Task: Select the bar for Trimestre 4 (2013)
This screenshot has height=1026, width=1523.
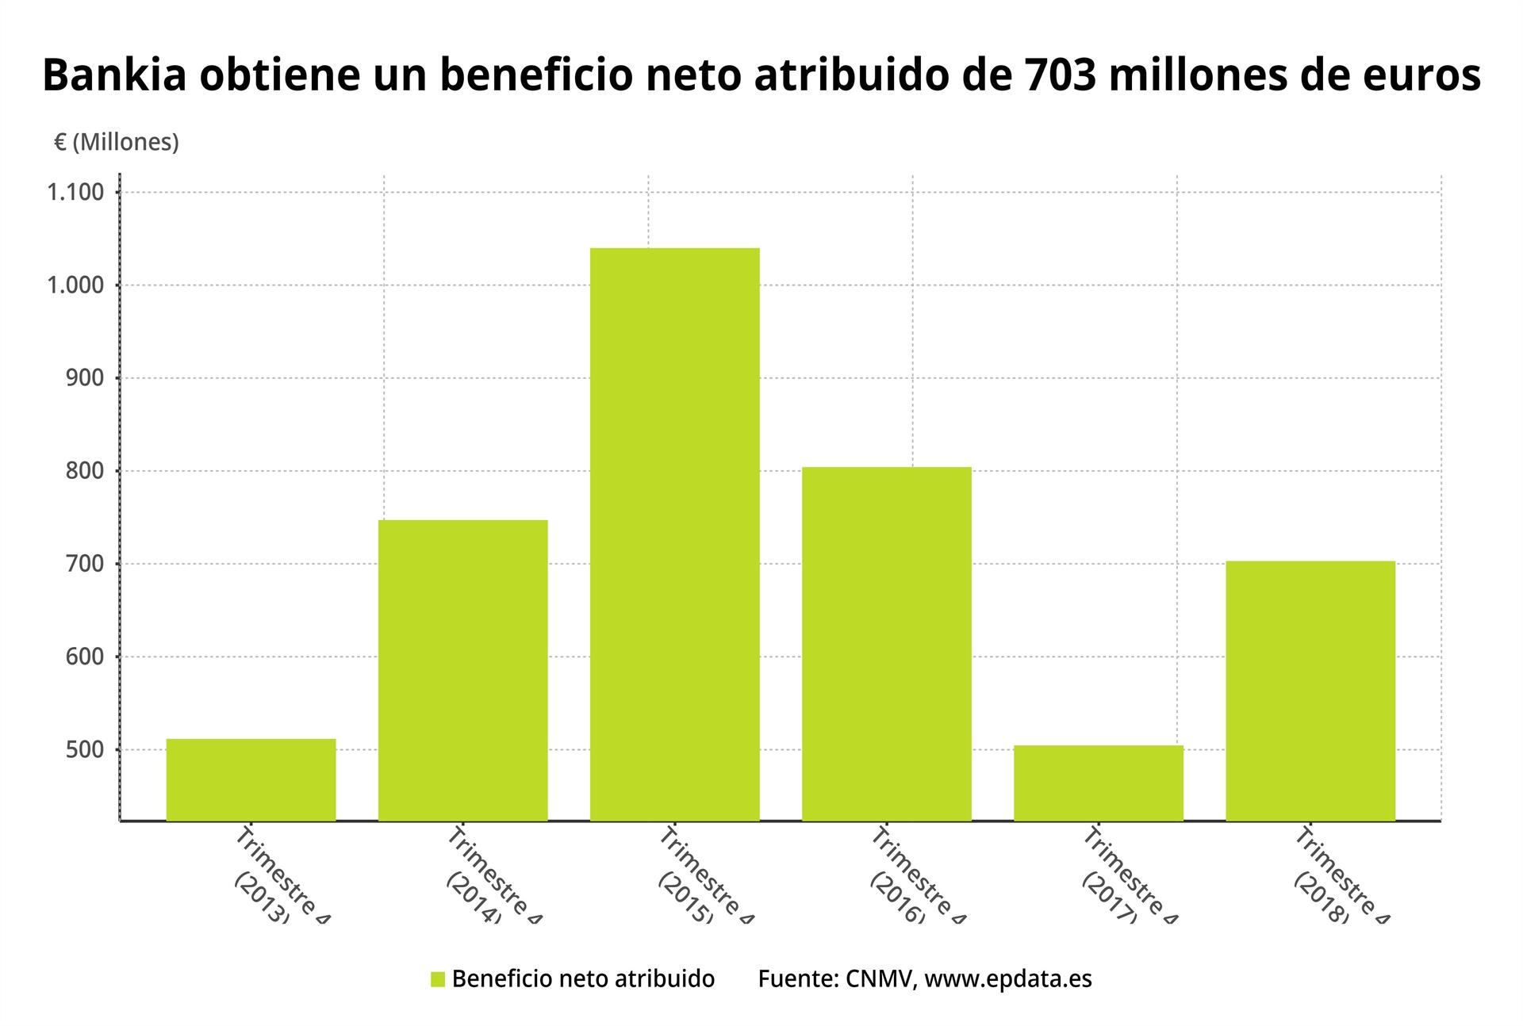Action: click(x=251, y=779)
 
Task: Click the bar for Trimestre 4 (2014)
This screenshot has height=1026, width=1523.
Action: click(x=462, y=670)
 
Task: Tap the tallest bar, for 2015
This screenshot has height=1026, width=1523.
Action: click(x=674, y=534)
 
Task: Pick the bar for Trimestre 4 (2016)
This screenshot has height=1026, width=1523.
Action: click(x=886, y=644)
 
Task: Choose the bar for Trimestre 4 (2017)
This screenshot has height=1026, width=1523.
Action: click(x=1098, y=783)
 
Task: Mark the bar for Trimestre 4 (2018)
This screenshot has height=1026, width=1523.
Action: click(x=1310, y=691)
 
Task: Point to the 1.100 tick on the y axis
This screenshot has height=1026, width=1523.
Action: click(x=75, y=193)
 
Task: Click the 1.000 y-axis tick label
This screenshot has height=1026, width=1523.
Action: click(x=75, y=285)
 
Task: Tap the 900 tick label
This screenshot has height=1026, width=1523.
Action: click(x=85, y=378)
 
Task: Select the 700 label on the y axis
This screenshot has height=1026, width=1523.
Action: click(x=85, y=564)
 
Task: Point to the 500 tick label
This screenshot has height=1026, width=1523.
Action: click(x=85, y=749)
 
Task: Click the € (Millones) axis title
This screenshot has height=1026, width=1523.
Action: click(x=117, y=142)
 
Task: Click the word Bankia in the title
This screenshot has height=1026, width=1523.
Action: click(x=114, y=76)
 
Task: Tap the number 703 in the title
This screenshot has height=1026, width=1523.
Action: click(x=1049, y=76)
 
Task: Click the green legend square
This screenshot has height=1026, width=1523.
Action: click(x=438, y=979)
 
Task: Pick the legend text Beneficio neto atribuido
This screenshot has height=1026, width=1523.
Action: click(x=583, y=979)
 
